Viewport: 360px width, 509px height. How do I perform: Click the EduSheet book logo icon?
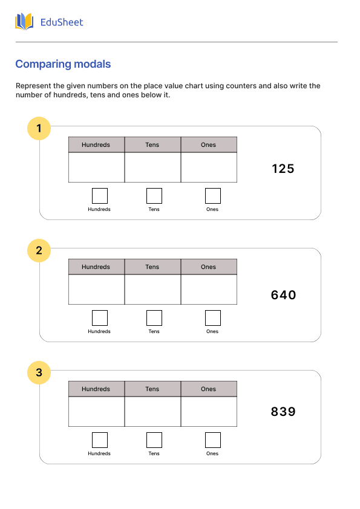pyautogui.click(x=24, y=22)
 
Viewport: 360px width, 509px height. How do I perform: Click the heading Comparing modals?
pyautogui.click(x=63, y=64)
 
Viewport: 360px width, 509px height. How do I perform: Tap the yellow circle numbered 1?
pyautogui.click(x=39, y=128)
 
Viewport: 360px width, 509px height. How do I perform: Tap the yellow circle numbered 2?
pyautogui.click(x=39, y=250)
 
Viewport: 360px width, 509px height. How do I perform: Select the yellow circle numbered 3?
pyautogui.click(x=39, y=372)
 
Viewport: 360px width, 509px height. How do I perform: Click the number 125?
pyautogui.click(x=283, y=169)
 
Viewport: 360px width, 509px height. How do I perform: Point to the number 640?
pyautogui.click(x=283, y=295)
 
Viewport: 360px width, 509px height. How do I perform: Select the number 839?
pyautogui.click(x=283, y=412)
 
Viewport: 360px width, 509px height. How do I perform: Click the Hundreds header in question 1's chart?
pyautogui.click(x=96, y=145)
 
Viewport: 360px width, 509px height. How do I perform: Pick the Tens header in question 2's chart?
pyautogui.click(x=152, y=267)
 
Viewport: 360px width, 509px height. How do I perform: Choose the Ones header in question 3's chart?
pyautogui.click(x=209, y=389)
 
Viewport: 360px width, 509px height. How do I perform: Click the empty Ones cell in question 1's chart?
pyautogui.click(x=209, y=167)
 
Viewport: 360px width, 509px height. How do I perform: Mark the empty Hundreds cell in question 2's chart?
pyautogui.click(x=96, y=290)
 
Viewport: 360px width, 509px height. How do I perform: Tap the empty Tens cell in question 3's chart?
pyautogui.click(x=152, y=412)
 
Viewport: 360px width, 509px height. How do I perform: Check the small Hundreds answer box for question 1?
pyautogui.click(x=100, y=196)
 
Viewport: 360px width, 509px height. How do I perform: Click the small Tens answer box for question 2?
pyautogui.click(x=154, y=318)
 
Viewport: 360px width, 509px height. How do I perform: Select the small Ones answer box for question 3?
pyautogui.click(x=213, y=440)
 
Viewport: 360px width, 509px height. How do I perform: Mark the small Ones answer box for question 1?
pyautogui.click(x=213, y=196)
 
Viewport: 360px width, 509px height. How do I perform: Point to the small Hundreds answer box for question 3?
pyautogui.click(x=100, y=440)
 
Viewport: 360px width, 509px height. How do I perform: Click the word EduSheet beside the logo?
pyautogui.click(x=62, y=22)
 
